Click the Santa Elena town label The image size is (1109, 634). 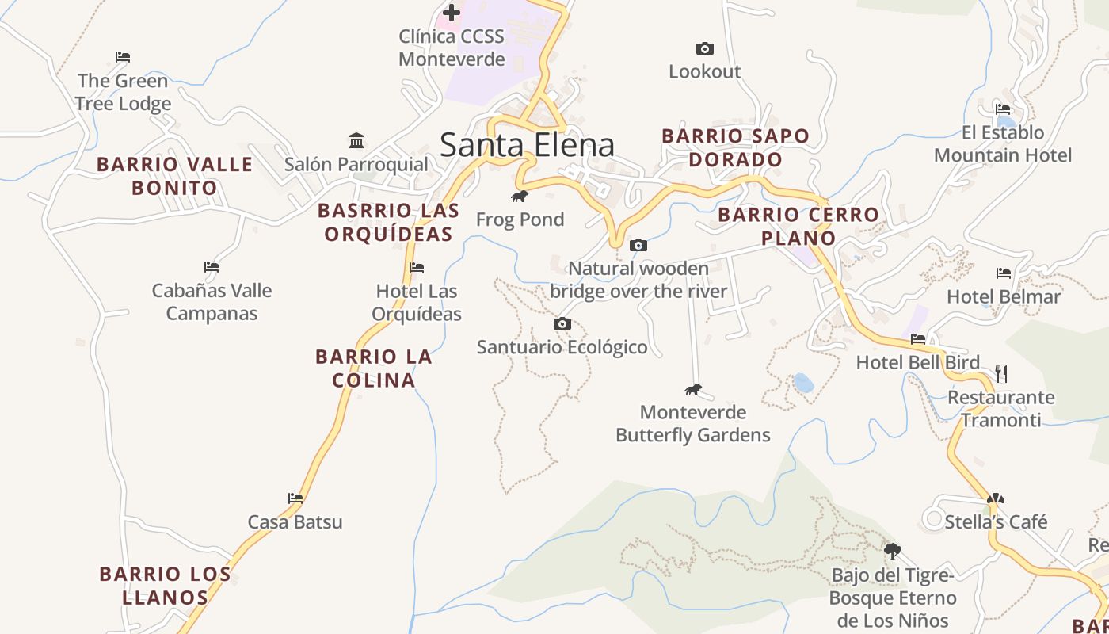pos(527,145)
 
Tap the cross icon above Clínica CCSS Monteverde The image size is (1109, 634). pos(451,13)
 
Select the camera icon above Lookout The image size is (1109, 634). pos(704,49)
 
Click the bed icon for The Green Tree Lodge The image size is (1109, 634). pos(122,57)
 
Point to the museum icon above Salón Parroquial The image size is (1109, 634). pos(356,141)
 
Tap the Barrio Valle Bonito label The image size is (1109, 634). pos(174,176)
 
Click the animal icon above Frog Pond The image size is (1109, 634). pos(520,197)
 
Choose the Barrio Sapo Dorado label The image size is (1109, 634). pos(735,147)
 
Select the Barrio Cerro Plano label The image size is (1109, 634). pos(798,226)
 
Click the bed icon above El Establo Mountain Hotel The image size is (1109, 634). pos(1003,109)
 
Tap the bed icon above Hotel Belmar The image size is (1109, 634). pos(1004,273)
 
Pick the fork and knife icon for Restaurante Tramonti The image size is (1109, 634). pos(1001,373)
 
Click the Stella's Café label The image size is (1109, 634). pos(996,522)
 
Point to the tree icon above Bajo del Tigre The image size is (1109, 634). pos(893,551)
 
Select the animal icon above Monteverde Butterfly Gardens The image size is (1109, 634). pos(693,390)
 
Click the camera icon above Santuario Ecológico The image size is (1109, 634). pos(562,324)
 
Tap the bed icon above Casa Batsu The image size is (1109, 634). pos(295,498)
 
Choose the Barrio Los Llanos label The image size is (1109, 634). pos(165,586)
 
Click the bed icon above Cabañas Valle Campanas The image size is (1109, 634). pos(211,267)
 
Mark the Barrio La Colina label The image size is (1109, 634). pos(374,368)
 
